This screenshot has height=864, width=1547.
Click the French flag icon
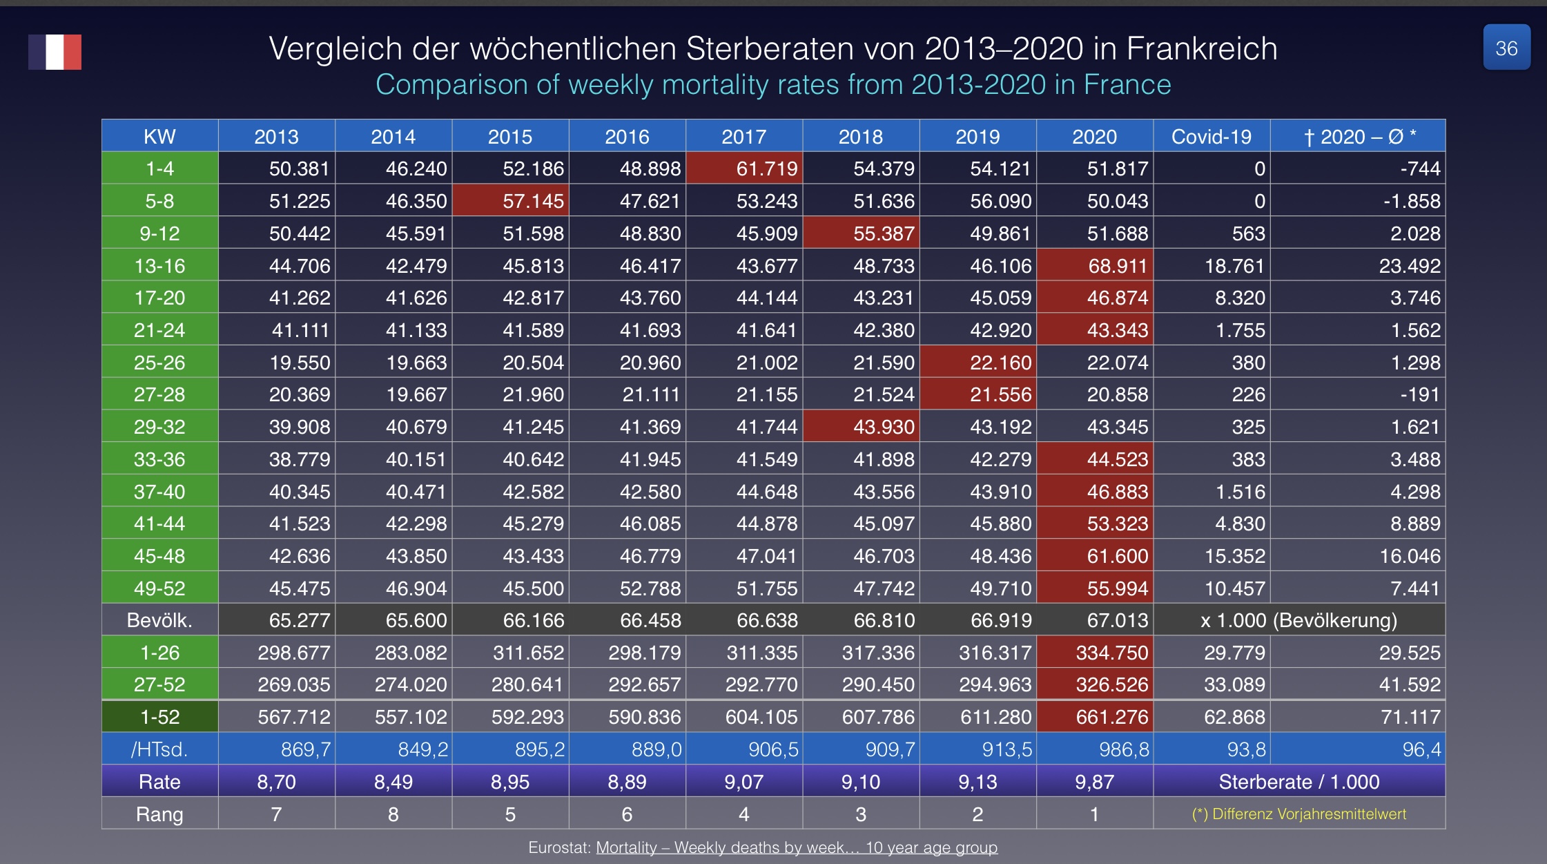click(x=55, y=52)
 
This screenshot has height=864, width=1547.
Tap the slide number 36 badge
click(x=1506, y=48)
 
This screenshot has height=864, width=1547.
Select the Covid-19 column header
click(x=1211, y=136)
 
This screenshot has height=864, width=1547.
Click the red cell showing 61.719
click(x=744, y=169)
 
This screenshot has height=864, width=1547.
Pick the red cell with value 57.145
click(x=510, y=201)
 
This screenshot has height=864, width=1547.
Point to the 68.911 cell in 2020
click(x=1095, y=266)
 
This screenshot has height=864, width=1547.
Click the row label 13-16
click(x=159, y=266)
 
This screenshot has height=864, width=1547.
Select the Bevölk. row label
click(x=159, y=620)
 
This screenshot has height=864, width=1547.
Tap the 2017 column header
click(x=743, y=136)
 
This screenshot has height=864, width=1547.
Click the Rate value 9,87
click(x=1094, y=782)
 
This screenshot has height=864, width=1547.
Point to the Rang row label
click(x=159, y=814)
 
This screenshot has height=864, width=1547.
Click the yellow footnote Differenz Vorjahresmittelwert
click(x=1299, y=814)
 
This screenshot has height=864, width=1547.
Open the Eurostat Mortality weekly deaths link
click(x=797, y=847)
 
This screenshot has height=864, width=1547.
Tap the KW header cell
click(x=159, y=136)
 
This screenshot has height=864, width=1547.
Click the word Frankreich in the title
click(x=1201, y=48)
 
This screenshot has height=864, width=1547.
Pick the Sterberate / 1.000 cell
click(x=1298, y=782)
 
